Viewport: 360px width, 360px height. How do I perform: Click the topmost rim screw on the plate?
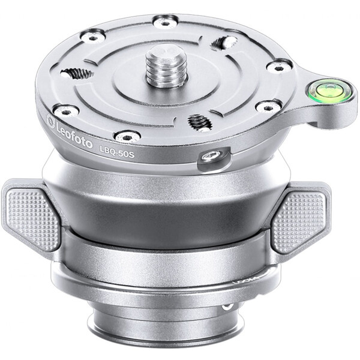point(164,22)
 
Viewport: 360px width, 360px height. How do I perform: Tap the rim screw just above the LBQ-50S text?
point(127,136)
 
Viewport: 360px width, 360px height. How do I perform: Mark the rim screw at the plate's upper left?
point(93,37)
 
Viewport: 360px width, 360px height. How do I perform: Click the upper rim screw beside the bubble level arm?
point(278,65)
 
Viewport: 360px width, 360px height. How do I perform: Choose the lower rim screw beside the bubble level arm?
point(266,107)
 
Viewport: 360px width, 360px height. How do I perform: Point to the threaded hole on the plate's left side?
point(79,73)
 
